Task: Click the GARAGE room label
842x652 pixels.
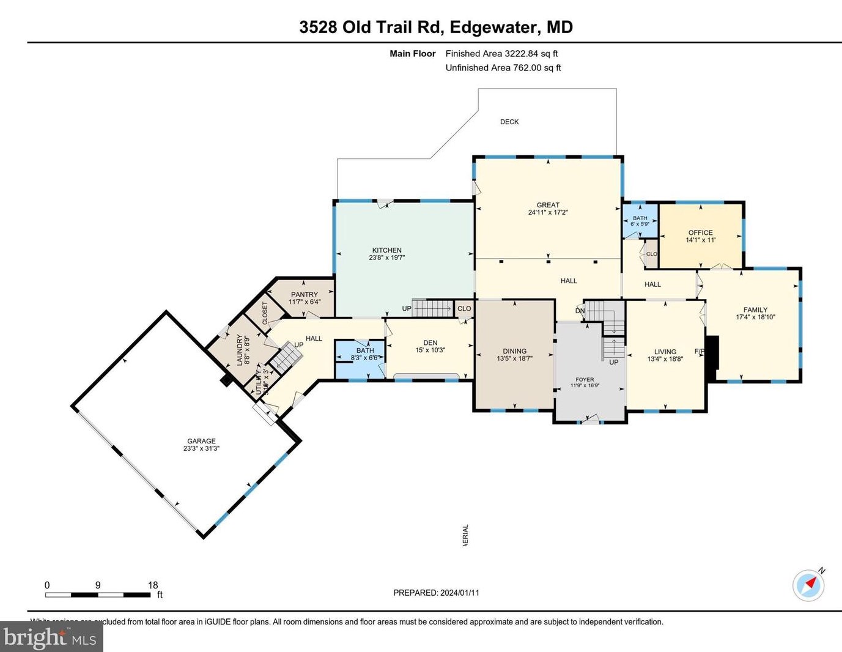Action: click(x=201, y=441)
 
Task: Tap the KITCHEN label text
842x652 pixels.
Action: click(x=386, y=250)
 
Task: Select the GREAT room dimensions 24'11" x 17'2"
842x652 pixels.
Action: click(x=548, y=213)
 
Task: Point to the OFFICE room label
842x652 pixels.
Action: click(x=700, y=232)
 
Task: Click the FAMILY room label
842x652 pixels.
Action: click(x=755, y=309)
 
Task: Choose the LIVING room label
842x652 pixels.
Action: click(x=665, y=352)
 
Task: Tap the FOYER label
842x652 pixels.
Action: click(x=585, y=379)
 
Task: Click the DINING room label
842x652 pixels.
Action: click(x=514, y=351)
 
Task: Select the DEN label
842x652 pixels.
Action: click(x=430, y=343)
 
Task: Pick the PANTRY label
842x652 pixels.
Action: click(x=305, y=294)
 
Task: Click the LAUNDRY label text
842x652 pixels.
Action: click(x=239, y=350)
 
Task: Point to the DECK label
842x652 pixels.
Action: click(x=509, y=122)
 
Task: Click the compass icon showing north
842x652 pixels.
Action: click(x=808, y=585)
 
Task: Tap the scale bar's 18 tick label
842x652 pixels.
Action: click(x=153, y=585)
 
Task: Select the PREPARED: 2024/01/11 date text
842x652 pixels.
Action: click(x=436, y=593)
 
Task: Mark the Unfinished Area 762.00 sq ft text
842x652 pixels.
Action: click(x=503, y=68)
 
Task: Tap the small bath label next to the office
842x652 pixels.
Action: click(x=640, y=218)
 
